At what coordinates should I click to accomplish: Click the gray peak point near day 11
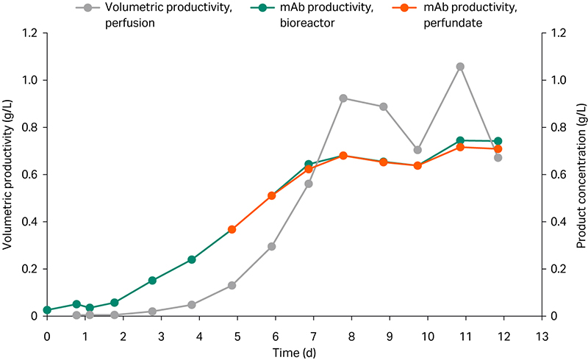pyautogui.click(x=460, y=67)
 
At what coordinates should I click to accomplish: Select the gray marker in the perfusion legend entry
pyautogui.click(x=88, y=8)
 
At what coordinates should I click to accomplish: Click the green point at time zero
pyautogui.click(x=47, y=310)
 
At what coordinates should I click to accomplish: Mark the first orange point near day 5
pyautogui.click(x=232, y=229)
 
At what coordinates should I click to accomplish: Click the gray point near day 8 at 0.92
pyautogui.click(x=343, y=98)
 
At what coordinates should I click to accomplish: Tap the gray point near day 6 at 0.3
pyautogui.click(x=271, y=246)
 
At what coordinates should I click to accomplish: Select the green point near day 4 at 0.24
pyautogui.click(x=192, y=259)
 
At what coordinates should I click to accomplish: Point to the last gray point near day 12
pyautogui.click(x=498, y=158)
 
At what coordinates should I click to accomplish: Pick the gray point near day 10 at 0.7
pyautogui.click(x=418, y=150)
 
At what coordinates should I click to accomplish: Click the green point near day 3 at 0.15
pyautogui.click(x=152, y=281)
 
